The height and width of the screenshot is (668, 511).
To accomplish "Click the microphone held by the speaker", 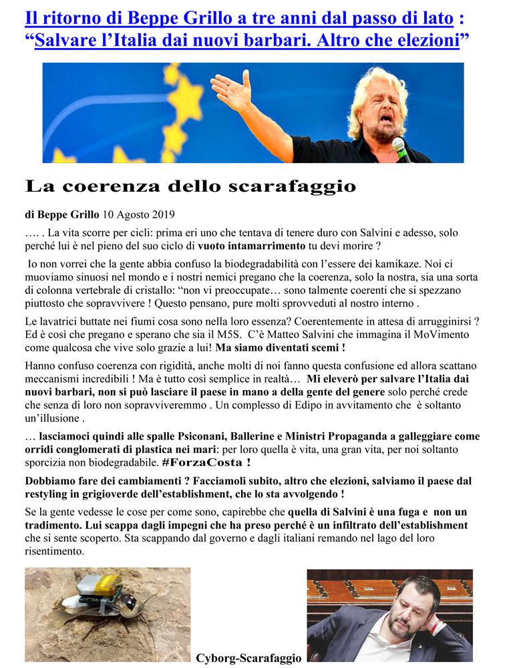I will click(401, 148).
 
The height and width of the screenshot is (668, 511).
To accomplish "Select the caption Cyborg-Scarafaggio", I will click(248, 658).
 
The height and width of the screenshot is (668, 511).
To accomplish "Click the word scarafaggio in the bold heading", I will click(292, 186).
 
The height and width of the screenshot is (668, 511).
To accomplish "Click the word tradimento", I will click(55, 525).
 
